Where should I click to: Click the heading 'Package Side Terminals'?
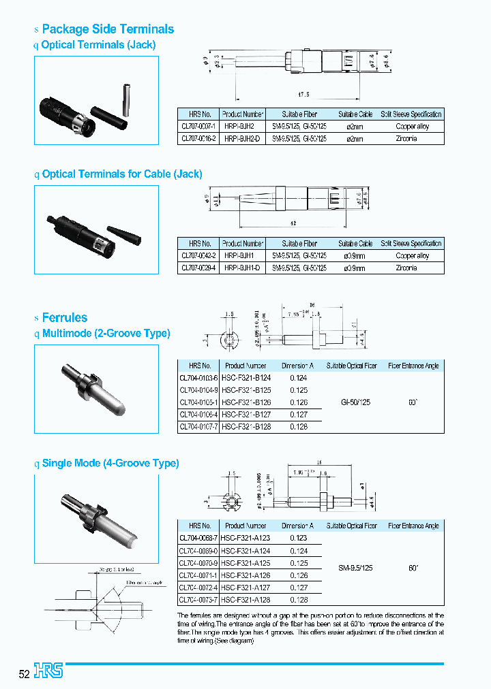click(108, 29)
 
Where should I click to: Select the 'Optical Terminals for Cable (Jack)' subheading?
click(122, 174)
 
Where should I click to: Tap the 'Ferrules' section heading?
click(65, 317)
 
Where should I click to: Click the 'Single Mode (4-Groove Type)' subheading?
click(110, 463)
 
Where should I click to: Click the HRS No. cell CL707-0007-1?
click(198, 126)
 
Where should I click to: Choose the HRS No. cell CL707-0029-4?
click(198, 268)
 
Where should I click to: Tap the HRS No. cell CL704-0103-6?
click(198, 378)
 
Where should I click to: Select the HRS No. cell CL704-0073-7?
click(198, 600)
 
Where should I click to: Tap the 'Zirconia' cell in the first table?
click(406, 138)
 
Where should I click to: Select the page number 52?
click(25, 674)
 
